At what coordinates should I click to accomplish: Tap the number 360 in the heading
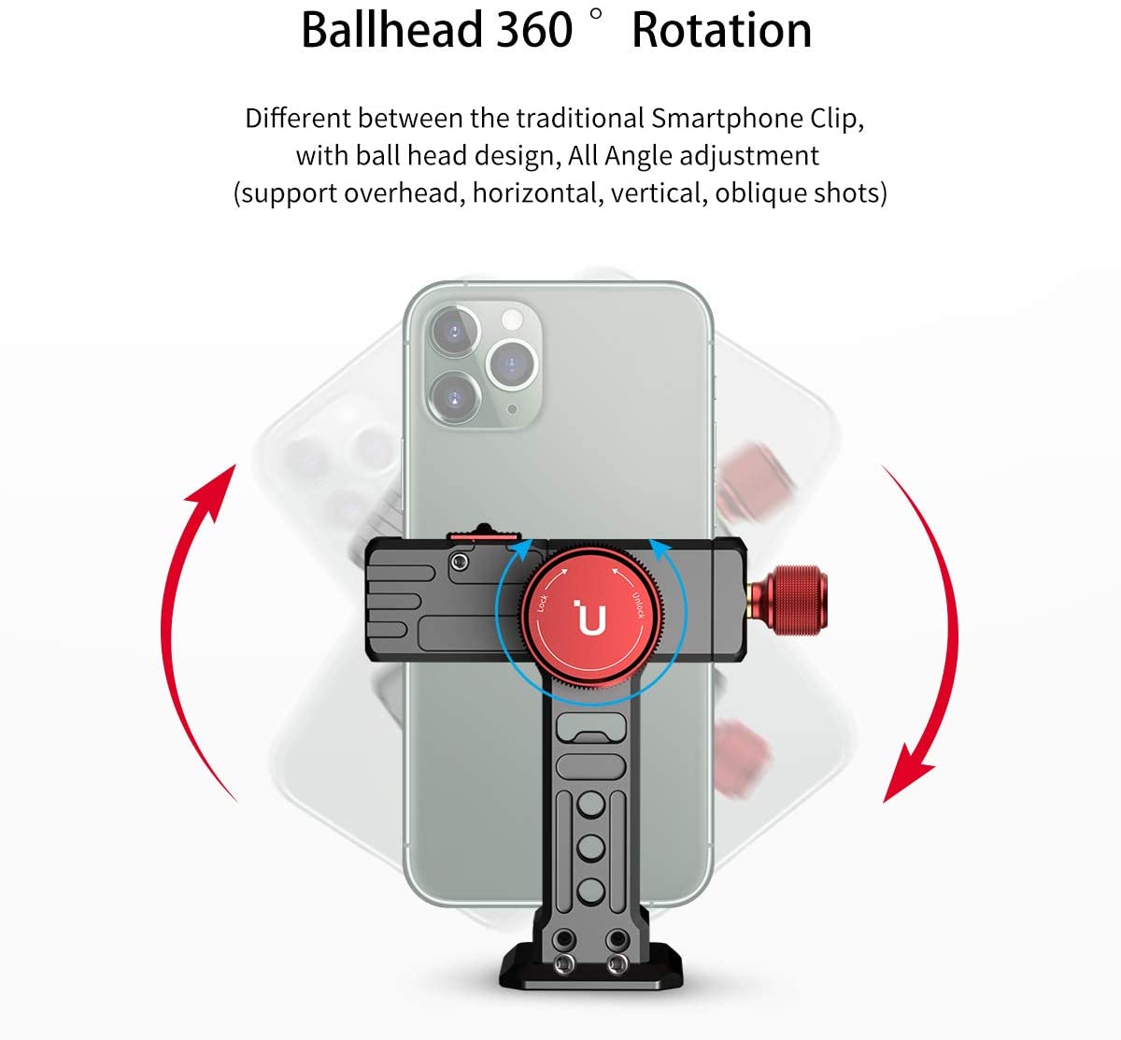pyautogui.click(x=533, y=30)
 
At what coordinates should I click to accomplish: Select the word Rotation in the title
pyautogui.click(x=721, y=30)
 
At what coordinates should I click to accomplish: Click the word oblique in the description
pyautogui.click(x=759, y=192)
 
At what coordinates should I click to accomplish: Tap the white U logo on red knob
pyautogui.click(x=590, y=620)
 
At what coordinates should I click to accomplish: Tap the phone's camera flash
pyautogui.click(x=511, y=319)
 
